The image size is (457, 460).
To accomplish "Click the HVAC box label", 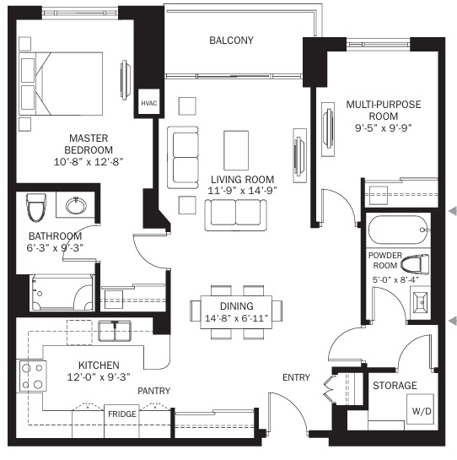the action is [x=149, y=103].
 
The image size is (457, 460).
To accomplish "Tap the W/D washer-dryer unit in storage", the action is [x=420, y=409].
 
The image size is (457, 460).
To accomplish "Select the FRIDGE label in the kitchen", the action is [x=122, y=414].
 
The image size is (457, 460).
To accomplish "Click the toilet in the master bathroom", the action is [x=36, y=207].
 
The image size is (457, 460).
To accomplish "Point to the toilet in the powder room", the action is [x=415, y=263].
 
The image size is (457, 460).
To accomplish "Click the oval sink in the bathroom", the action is [x=76, y=205].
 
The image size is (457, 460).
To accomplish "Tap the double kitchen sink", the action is [x=115, y=331].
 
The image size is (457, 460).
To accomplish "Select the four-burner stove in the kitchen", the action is [x=33, y=376].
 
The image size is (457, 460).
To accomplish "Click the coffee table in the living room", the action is [x=236, y=150].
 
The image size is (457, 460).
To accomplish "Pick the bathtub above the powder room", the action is [x=398, y=230].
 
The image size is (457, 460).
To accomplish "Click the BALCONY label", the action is [x=231, y=41].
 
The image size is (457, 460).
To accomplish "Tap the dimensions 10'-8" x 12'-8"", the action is [x=89, y=162].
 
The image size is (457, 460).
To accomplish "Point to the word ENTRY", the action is [x=296, y=377].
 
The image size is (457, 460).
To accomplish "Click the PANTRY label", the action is [x=154, y=391].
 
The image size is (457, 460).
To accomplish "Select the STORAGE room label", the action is [x=395, y=385].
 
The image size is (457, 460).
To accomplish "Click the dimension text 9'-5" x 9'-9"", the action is [x=384, y=128].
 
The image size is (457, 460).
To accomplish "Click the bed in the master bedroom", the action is [x=61, y=84].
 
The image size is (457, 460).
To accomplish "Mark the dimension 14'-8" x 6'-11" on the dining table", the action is [x=236, y=318].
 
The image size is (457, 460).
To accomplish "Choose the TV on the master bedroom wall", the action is [x=125, y=80].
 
